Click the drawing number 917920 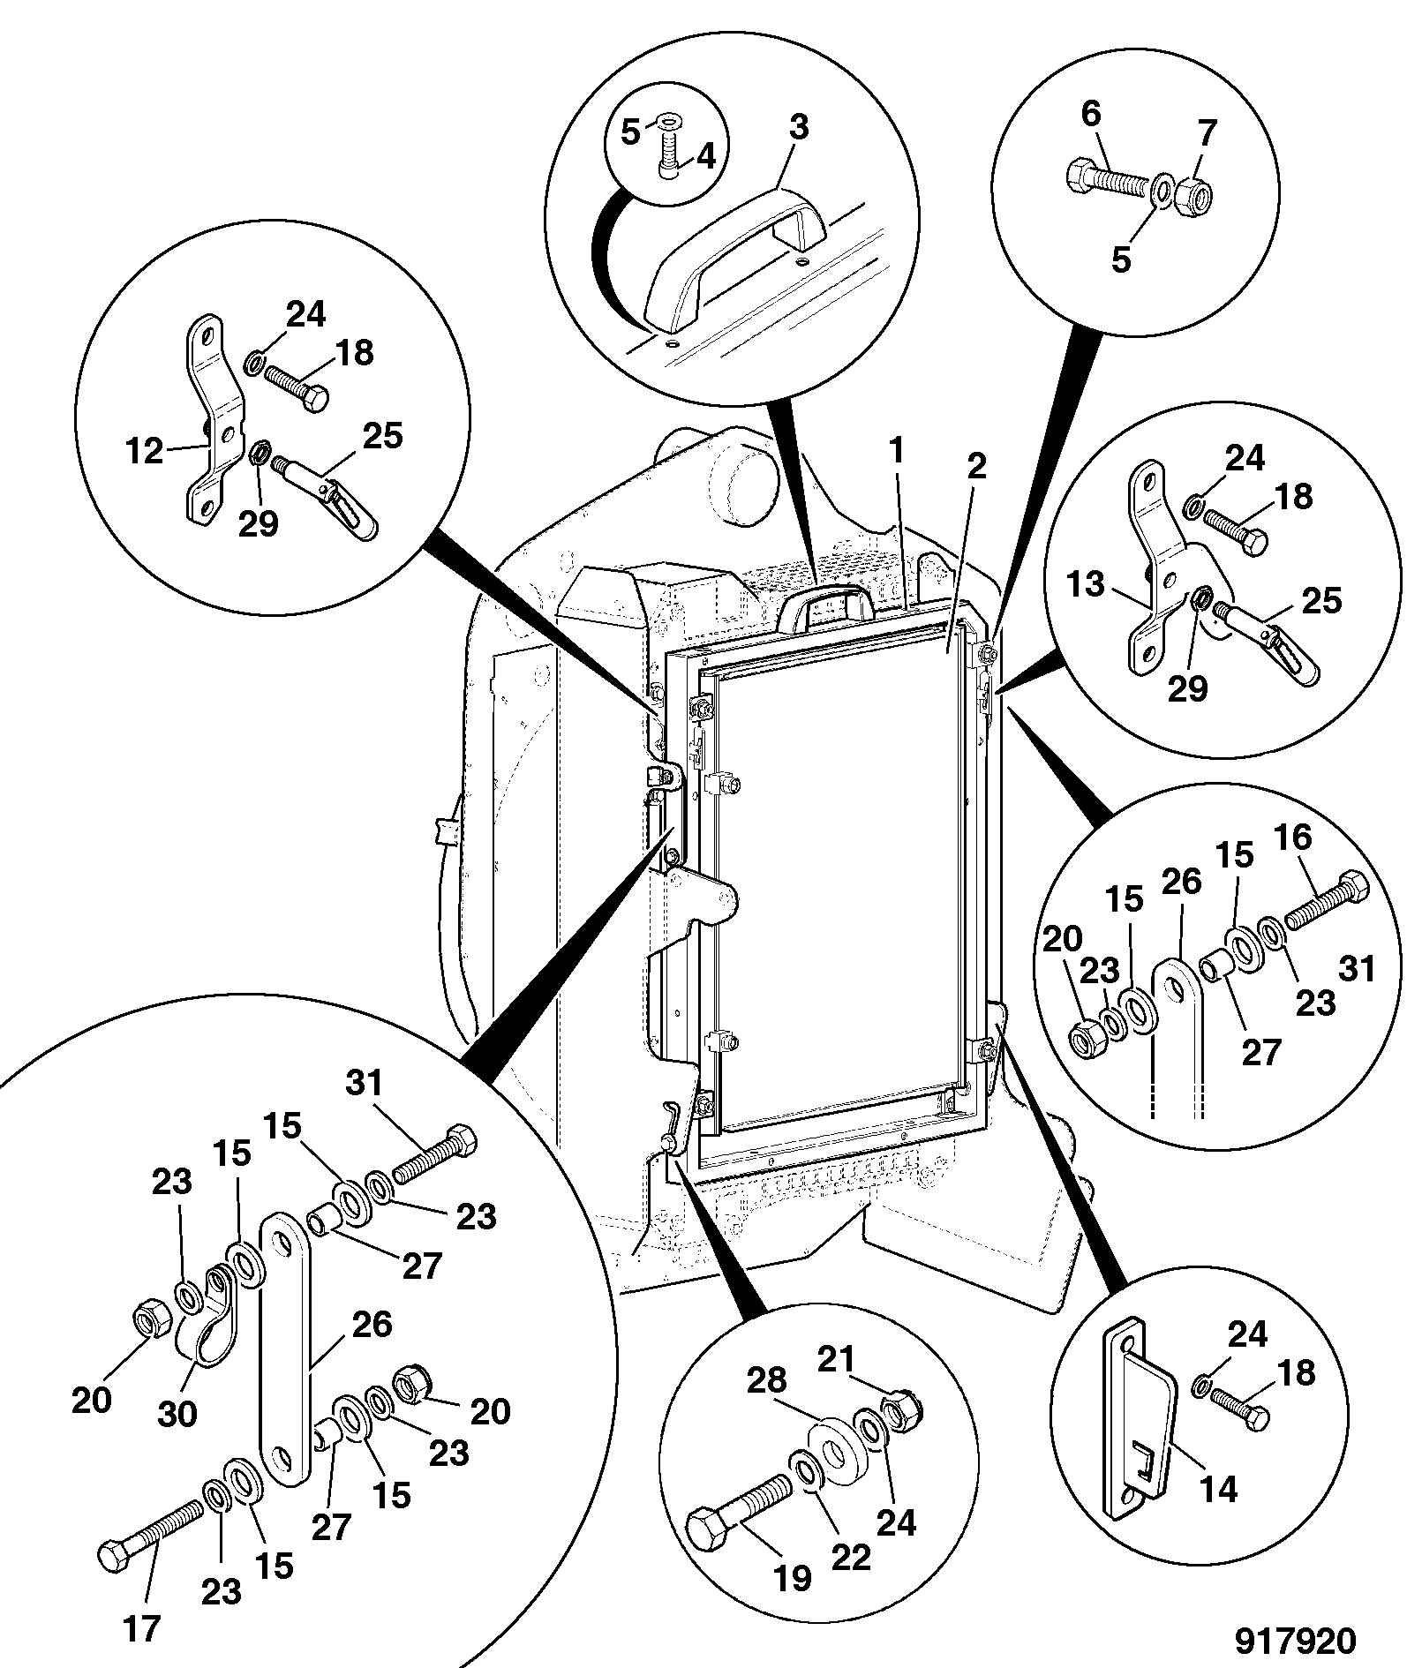[x=1294, y=1640]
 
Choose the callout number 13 [x=1085, y=583]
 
